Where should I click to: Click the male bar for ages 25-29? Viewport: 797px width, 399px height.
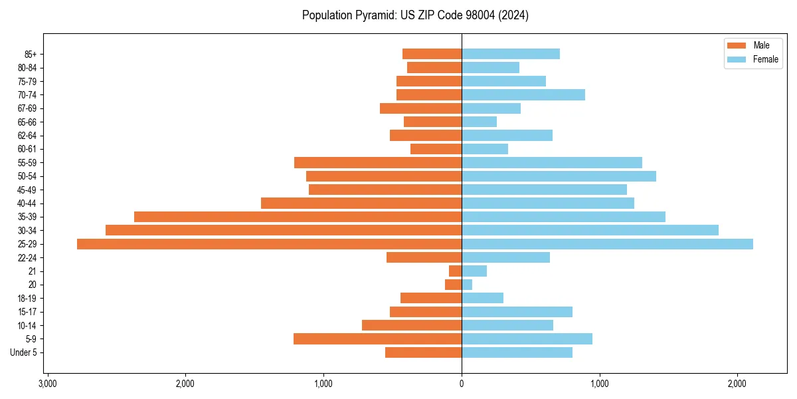[269, 244]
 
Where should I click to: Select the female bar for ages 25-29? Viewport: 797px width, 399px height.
[607, 244]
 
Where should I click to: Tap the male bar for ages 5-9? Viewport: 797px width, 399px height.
[377, 339]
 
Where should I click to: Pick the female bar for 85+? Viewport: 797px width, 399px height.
[510, 54]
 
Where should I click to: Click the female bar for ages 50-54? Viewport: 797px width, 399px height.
[559, 176]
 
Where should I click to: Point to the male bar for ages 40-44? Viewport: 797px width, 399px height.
[361, 203]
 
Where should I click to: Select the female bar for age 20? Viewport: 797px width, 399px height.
[467, 285]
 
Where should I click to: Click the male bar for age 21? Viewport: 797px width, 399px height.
[455, 271]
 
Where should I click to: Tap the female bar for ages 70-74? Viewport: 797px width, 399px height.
[523, 94]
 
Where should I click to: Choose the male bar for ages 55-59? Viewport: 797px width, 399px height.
[378, 163]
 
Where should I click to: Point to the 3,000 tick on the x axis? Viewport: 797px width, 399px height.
[47, 384]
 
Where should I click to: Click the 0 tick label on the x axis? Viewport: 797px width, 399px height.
[462, 384]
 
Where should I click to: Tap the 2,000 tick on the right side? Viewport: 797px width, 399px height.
[737, 384]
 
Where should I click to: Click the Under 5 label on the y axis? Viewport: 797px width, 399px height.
[23, 352]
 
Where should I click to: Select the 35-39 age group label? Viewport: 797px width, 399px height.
[27, 217]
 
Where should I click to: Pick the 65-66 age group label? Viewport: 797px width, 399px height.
[27, 122]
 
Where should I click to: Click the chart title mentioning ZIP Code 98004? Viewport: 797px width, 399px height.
[415, 15]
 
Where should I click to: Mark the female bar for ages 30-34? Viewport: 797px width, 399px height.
[590, 230]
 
